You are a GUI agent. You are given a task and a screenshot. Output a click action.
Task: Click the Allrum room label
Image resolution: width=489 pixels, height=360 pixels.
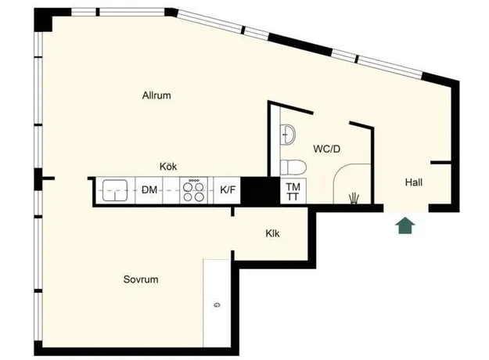coord(156,95)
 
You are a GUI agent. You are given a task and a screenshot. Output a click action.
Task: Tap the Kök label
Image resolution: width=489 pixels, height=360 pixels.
coord(168,166)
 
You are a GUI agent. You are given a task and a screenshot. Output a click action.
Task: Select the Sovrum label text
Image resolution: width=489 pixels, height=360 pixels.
coord(141,279)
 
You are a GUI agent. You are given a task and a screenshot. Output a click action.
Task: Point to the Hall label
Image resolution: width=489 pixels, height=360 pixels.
coord(414,182)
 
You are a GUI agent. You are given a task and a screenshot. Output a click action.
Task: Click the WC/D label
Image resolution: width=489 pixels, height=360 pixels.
coord(326,149)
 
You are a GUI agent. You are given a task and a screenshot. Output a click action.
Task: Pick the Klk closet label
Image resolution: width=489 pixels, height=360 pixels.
coord(272,233)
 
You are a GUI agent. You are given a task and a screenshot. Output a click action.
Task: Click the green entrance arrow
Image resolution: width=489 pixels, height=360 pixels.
coord(405,225)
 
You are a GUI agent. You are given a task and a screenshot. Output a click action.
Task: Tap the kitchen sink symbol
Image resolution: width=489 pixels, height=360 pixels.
coord(115,190)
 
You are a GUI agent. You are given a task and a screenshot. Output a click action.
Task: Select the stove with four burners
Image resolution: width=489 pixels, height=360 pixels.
coord(193,190)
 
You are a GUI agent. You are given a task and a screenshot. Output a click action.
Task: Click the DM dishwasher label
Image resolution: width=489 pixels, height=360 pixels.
coord(149,189)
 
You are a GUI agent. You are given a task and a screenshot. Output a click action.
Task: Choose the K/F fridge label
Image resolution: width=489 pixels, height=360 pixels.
coord(228,189)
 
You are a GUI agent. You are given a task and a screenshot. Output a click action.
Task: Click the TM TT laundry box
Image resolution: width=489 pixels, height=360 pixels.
coord(293,191)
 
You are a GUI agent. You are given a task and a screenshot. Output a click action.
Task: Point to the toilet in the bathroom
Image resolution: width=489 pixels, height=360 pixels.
coord(293,167)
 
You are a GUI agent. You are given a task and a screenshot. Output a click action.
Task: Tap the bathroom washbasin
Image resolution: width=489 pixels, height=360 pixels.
coord(287,135)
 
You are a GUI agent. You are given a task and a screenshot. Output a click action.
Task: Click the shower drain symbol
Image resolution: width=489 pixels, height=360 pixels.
coord(354,199)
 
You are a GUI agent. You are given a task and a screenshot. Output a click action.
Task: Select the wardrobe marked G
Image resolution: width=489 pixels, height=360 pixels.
coord(217,303)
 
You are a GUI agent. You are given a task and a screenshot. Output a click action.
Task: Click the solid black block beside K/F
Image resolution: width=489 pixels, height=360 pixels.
coord(260,191)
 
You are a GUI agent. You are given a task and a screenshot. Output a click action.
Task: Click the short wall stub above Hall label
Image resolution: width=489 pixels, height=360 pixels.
coord(440,163)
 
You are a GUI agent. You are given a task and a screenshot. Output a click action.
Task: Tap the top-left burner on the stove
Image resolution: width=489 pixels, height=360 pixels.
coord(188,187)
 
